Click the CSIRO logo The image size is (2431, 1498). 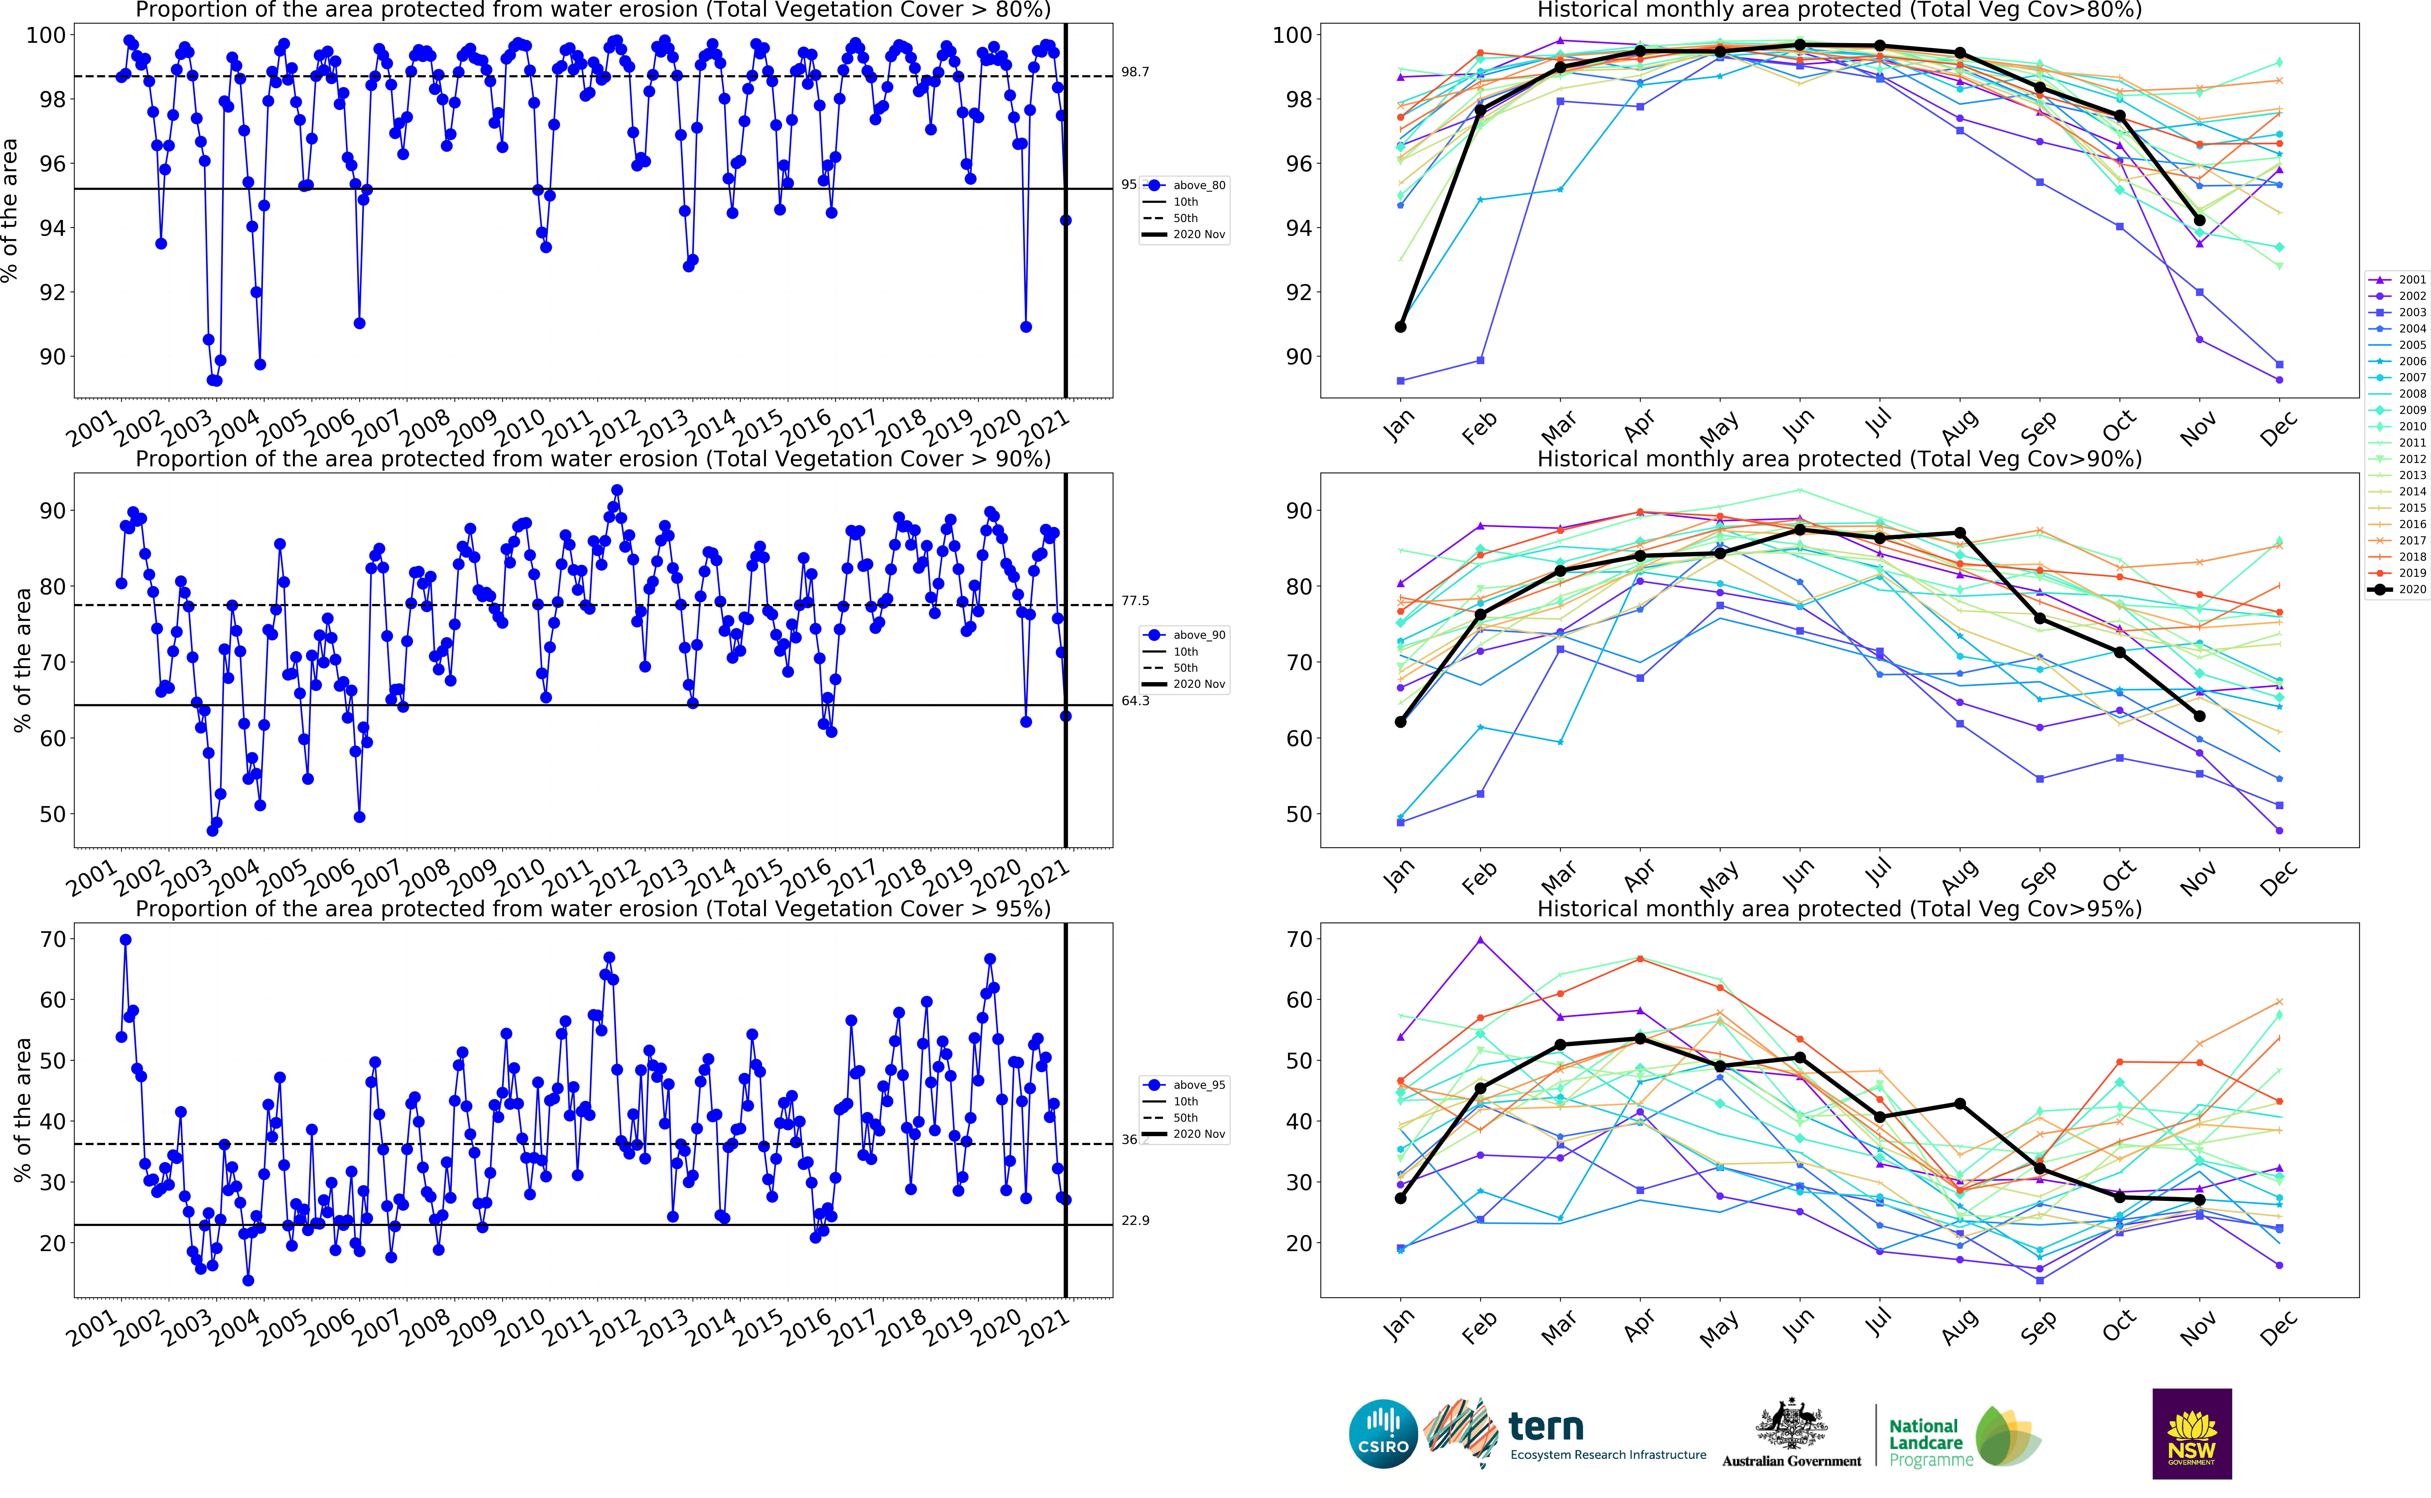click(1383, 1434)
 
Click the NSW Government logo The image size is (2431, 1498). click(2191, 1434)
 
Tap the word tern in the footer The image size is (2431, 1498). click(1545, 1428)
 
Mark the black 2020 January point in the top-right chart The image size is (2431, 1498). click(1400, 327)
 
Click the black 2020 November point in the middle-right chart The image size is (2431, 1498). click(2199, 716)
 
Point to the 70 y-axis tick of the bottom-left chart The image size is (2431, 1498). click(52, 939)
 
